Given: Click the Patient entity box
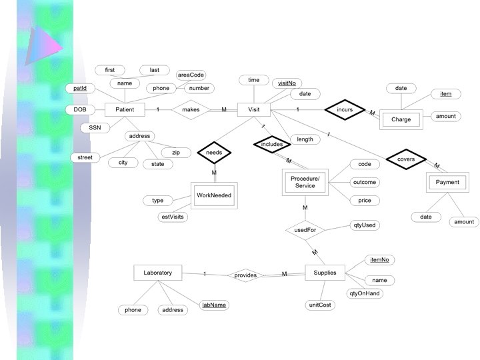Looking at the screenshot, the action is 125,110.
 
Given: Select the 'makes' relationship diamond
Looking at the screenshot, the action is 191,110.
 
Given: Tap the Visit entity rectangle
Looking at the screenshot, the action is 254,110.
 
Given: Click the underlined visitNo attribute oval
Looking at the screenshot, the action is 287,83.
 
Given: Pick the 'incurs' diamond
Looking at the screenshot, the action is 344,109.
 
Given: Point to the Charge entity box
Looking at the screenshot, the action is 401,120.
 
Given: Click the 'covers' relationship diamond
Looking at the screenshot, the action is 405,160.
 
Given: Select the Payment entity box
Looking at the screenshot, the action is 447,183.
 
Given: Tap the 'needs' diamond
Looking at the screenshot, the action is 214,153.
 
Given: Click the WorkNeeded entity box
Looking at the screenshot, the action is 214,195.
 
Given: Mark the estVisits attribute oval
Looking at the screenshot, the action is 173,217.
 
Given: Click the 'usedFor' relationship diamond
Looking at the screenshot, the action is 305,231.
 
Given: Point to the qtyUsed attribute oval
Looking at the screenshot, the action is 364,225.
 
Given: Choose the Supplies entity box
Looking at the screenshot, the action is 325,273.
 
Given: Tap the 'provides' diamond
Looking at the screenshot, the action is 245,275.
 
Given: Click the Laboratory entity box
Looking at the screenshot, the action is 158,273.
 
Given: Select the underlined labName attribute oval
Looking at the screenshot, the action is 213,305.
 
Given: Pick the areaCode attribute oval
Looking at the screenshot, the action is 190,75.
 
